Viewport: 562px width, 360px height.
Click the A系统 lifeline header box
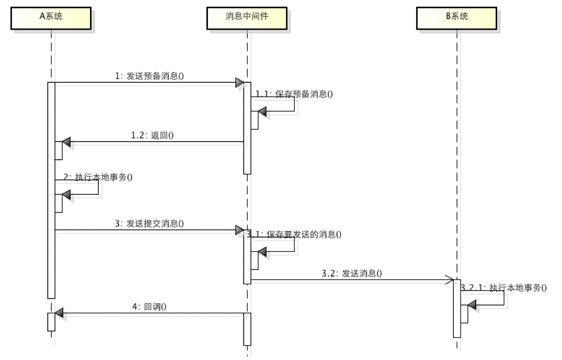(x=50, y=18)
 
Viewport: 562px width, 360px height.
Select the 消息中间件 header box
(x=247, y=18)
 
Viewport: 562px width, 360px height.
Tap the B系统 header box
(x=457, y=18)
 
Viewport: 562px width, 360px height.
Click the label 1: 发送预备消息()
(x=149, y=76)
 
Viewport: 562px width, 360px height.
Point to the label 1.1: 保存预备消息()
(x=294, y=94)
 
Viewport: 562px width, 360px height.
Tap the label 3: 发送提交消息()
(x=149, y=223)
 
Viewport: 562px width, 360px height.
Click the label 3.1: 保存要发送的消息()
(x=294, y=234)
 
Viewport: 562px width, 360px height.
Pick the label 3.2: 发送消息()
(x=352, y=273)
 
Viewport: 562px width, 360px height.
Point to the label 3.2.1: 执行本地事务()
(x=504, y=287)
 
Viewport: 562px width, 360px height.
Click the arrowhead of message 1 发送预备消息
(x=239, y=83)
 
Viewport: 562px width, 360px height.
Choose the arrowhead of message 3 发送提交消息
(x=239, y=230)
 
